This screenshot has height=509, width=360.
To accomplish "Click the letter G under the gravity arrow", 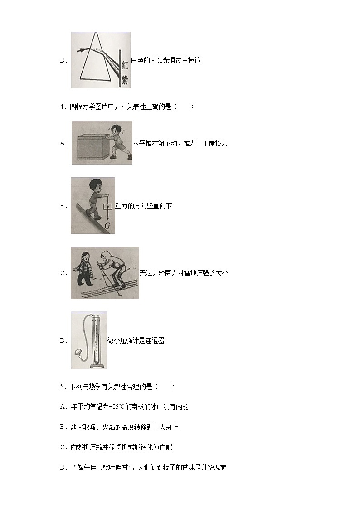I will (108, 225).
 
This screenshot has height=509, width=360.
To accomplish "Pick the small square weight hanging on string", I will (108, 206).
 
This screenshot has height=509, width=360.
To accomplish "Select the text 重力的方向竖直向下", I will (143, 206).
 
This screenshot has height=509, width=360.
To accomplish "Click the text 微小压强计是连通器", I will (136, 341).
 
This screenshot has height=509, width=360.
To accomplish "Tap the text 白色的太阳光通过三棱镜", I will (165, 60).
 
